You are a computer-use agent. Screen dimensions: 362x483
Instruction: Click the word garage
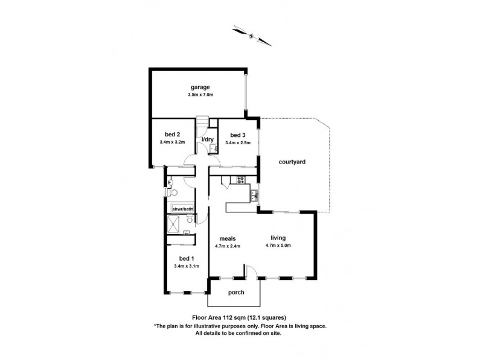tap(197, 87)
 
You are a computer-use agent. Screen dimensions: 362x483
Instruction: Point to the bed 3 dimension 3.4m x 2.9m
tap(238, 142)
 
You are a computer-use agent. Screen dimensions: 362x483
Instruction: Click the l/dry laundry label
tap(208, 140)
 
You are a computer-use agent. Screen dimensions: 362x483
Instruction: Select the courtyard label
tap(292, 162)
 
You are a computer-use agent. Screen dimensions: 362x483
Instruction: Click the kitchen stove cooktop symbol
tap(240, 179)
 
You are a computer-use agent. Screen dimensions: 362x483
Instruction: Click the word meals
tap(227, 238)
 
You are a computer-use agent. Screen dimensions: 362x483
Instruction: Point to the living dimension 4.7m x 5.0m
tap(278, 246)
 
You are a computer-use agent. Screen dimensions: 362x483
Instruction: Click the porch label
tap(236, 293)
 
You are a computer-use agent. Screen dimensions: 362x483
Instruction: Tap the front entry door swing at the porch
tap(254, 273)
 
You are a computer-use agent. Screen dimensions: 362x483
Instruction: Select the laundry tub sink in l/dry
tap(213, 147)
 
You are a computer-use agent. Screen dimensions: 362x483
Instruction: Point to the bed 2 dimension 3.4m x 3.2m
tap(172, 142)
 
